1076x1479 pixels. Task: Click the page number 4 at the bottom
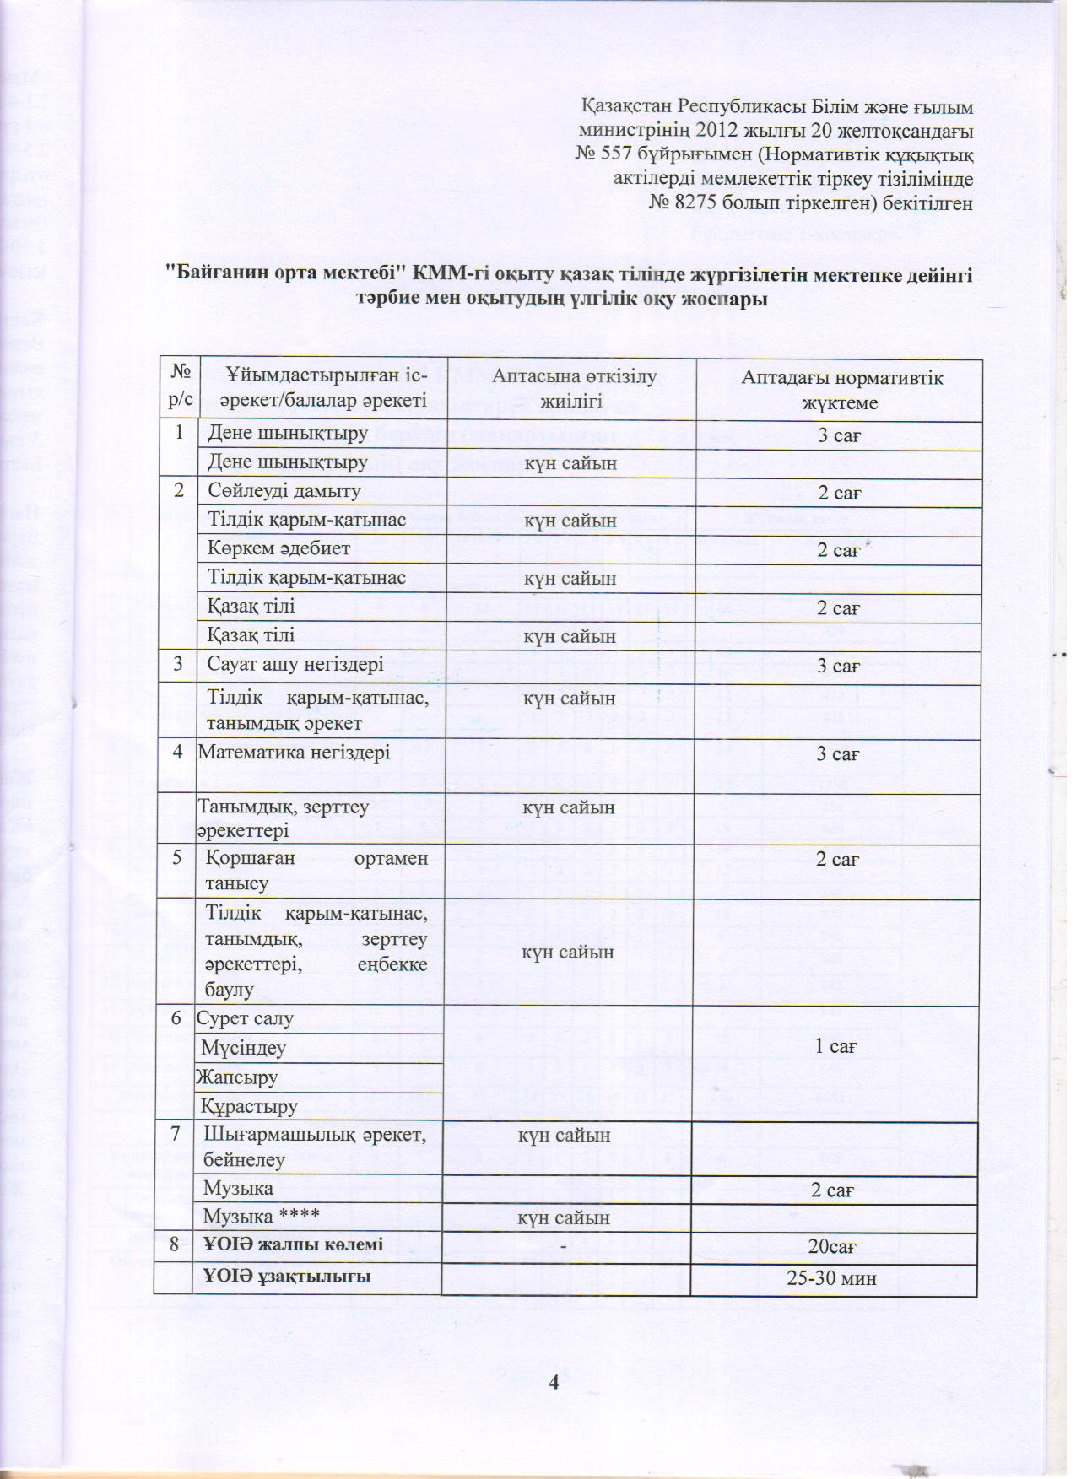click(x=554, y=1381)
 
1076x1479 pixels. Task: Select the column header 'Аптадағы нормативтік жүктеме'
click(x=841, y=390)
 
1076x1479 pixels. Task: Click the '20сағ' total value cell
click(x=833, y=1246)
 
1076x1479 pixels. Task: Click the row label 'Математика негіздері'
click(x=294, y=752)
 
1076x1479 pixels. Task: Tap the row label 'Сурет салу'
click(x=245, y=1018)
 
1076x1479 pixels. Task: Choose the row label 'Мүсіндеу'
click(x=243, y=1048)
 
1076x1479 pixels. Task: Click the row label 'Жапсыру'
click(x=237, y=1077)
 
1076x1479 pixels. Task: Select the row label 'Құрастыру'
click(x=249, y=1105)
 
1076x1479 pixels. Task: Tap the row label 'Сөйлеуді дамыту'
click(x=284, y=491)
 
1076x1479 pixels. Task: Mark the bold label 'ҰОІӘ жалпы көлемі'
click(x=293, y=1244)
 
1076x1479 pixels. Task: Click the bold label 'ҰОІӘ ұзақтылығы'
click(x=287, y=1276)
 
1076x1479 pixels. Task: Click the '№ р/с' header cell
click(x=180, y=389)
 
